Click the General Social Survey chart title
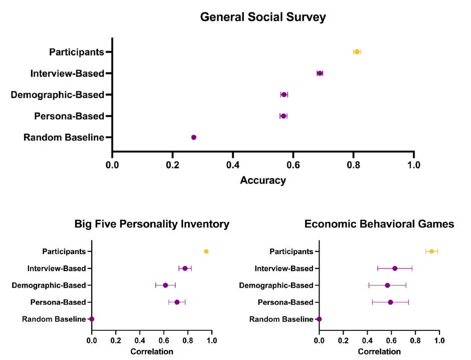coord(263,17)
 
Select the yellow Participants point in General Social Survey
coord(357,52)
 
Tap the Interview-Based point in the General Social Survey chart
coord(320,73)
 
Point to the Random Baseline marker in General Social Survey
coord(194,137)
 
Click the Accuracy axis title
coord(263,180)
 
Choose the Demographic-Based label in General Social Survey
coord(57,94)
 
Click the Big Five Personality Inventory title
coord(152,224)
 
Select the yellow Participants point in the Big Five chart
coord(206,252)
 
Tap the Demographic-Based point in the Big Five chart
coord(166,285)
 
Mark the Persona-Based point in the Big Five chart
coord(177,302)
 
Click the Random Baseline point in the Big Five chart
coord(92,319)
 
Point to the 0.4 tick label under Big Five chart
coord(140,341)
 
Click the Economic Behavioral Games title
coord(379,224)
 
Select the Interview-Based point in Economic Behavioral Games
coord(395,268)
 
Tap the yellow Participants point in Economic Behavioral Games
coord(431,252)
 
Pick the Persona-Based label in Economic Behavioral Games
coord(285,302)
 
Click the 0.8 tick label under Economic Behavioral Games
coord(415,341)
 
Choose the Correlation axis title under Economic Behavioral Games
coord(379,351)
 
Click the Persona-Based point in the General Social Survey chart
coord(283,116)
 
